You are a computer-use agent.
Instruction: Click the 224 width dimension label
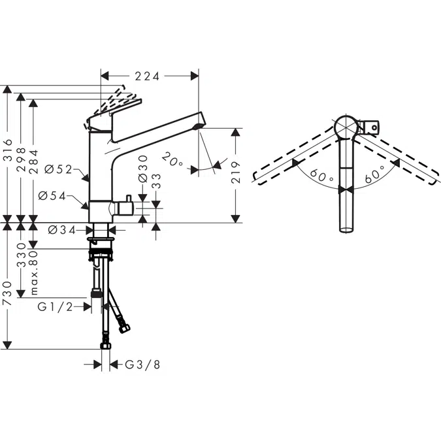point(148,76)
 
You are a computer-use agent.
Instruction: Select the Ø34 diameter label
point(63,229)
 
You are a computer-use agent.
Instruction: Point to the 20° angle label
point(173,160)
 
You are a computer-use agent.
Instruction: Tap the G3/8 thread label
point(142,365)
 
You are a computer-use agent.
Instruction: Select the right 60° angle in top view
point(374,173)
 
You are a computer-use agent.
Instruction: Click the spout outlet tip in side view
point(200,123)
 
